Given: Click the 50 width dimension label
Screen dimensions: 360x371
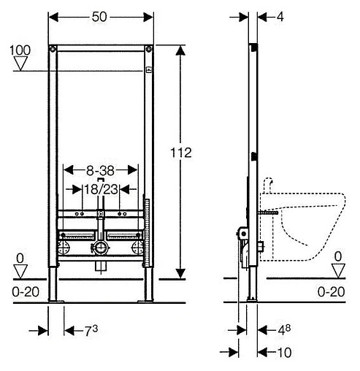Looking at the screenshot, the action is coord(99,17).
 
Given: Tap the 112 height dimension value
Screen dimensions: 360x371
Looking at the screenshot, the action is coord(181,153).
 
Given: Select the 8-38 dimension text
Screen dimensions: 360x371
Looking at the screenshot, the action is coord(100,170).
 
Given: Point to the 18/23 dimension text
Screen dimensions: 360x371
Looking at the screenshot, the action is coord(101,189).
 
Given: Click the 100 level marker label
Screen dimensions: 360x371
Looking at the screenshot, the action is coord(20,50).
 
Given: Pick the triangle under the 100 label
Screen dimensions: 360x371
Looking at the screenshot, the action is coord(20,64).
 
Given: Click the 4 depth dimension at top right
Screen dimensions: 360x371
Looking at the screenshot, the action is coord(280,17).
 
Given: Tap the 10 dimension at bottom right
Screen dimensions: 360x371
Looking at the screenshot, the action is coord(284,352).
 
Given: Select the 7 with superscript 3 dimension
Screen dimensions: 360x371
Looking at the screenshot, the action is coord(91,331).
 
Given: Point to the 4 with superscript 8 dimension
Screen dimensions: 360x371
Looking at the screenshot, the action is coord(284,330).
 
